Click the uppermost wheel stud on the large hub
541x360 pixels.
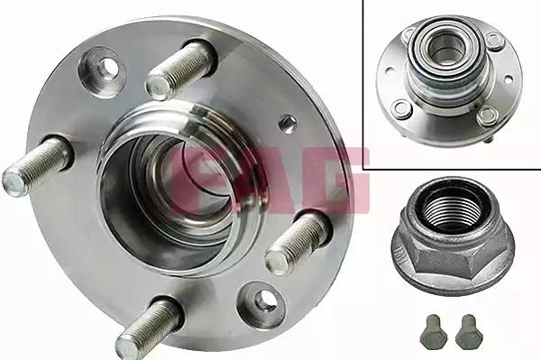click(179, 70)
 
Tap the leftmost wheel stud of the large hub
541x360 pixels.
click(36, 166)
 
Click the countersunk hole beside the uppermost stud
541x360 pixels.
click(104, 70)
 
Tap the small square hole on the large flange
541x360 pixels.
click(287, 125)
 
